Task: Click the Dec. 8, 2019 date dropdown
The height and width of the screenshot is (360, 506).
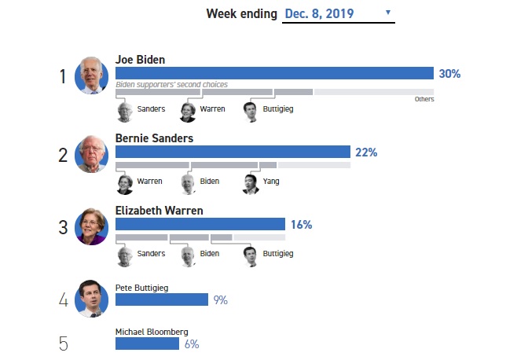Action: point(338,13)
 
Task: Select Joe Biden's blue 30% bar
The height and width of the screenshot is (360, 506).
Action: point(274,73)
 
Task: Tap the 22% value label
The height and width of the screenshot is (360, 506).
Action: point(366,152)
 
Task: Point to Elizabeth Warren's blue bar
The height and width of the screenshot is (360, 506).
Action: point(200,224)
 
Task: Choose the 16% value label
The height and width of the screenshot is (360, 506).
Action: point(301,225)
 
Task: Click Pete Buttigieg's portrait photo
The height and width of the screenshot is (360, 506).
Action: point(91,299)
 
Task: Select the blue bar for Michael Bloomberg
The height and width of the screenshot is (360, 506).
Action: point(148,343)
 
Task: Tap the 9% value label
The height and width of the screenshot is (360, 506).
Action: point(220,299)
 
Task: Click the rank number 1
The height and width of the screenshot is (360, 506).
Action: point(63,76)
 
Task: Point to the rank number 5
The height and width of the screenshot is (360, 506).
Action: point(63,343)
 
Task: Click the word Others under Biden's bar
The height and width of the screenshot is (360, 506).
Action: point(424,99)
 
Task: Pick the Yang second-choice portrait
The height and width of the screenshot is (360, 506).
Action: point(251,183)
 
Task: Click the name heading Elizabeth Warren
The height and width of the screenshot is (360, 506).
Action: point(159,211)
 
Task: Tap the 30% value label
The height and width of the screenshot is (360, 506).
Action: point(449,73)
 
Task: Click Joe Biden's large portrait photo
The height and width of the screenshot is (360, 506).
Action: point(91,76)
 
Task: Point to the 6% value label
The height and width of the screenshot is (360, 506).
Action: point(192,343)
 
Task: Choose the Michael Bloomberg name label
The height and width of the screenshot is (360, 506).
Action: point(152,332)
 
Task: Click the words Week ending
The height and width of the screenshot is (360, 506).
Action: point(241,13)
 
